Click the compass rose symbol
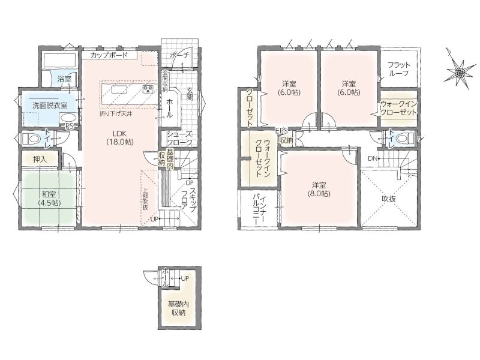(460, 73)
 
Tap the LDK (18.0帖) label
(119, 137)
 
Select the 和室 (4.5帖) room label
(49, 199)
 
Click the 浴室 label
(64, 79)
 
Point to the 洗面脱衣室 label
(50, 106)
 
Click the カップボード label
(109, 55)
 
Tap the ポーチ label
(179, 55)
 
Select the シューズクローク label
(179, 139)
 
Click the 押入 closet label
(40, 159)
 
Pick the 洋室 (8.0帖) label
(319, 189)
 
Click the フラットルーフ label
(398, 69)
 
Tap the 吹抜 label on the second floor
(389, 199)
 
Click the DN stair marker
(372, 158)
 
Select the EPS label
(281, 131)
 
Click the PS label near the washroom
(70, 126)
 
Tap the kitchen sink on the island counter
(119, 89)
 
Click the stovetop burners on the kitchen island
(148, 89)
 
